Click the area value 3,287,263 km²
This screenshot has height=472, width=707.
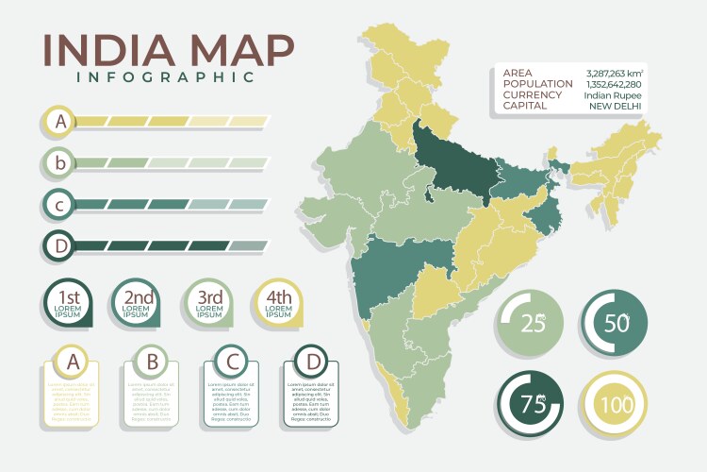tap(614, 73)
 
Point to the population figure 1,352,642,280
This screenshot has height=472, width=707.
tap(614, 84)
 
